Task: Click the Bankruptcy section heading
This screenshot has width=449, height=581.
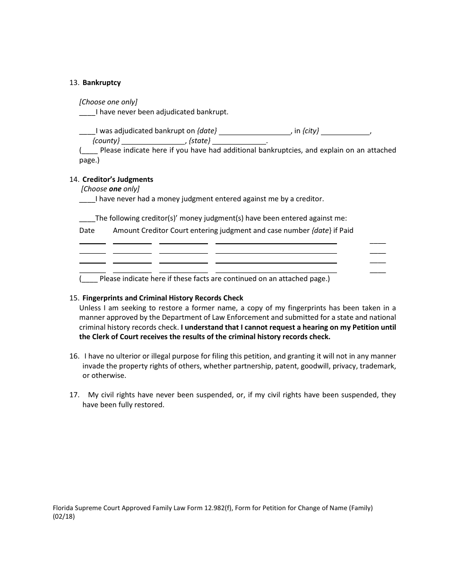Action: point(102,83)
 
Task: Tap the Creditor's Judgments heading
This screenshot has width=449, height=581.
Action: point(118,179)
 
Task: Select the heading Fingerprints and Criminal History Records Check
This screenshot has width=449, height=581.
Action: point(163,298)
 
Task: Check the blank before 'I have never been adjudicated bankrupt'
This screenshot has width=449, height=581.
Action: point(87,113)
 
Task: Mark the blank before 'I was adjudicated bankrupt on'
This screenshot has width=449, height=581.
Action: point(87,132)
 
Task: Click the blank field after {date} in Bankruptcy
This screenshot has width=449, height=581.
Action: point(255,132)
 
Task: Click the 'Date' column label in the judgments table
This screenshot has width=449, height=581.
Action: point(87,231)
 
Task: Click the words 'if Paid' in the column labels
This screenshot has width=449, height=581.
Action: point(343,231)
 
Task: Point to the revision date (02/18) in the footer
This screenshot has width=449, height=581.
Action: point(64,516)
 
